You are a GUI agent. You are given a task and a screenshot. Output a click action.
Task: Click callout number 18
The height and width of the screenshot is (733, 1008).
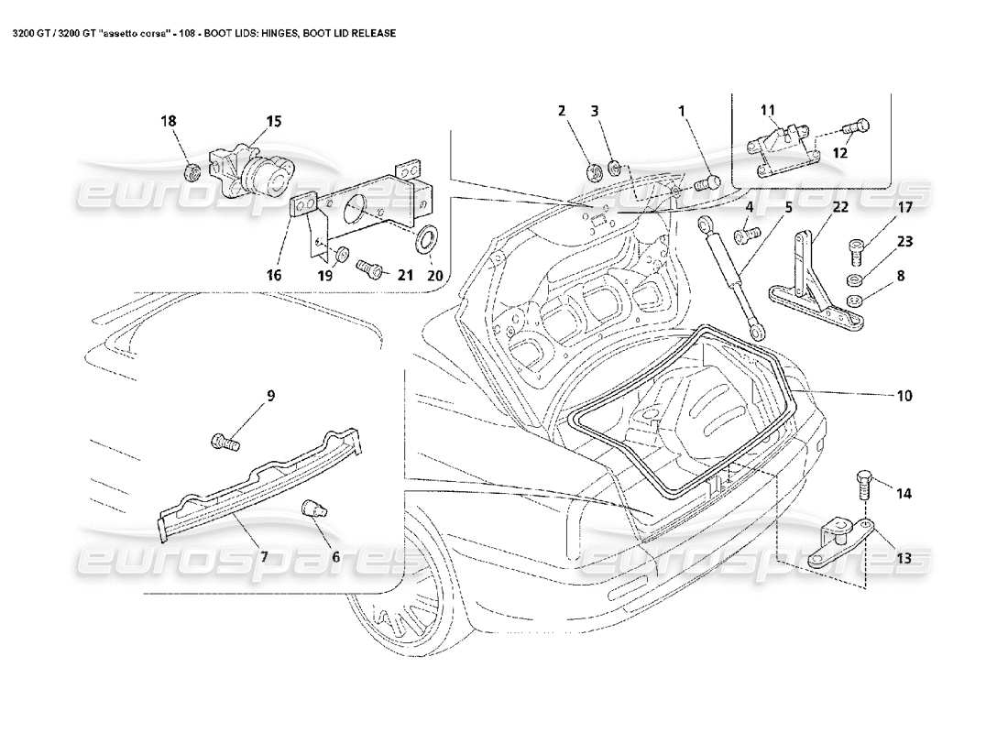tap(170, 122)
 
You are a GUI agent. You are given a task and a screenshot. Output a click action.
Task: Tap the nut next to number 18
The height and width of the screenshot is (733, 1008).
tap(192, 170)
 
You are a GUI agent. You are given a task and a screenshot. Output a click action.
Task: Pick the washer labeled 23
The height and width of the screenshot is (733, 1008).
tap(854, 278)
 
